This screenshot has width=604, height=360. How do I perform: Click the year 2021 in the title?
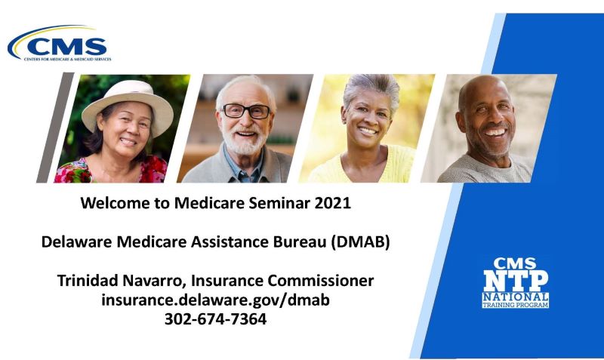(x=331, y=203)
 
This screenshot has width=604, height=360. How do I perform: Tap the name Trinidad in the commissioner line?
(x=90, y=281)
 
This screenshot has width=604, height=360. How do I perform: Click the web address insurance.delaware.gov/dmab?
(x=215, y=300)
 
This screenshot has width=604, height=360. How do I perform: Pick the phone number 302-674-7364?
(x=215, y=318)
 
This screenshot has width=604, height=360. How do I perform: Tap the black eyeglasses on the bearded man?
(x=245, y=112)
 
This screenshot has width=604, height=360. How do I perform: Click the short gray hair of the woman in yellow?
(x=371, y=89)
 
